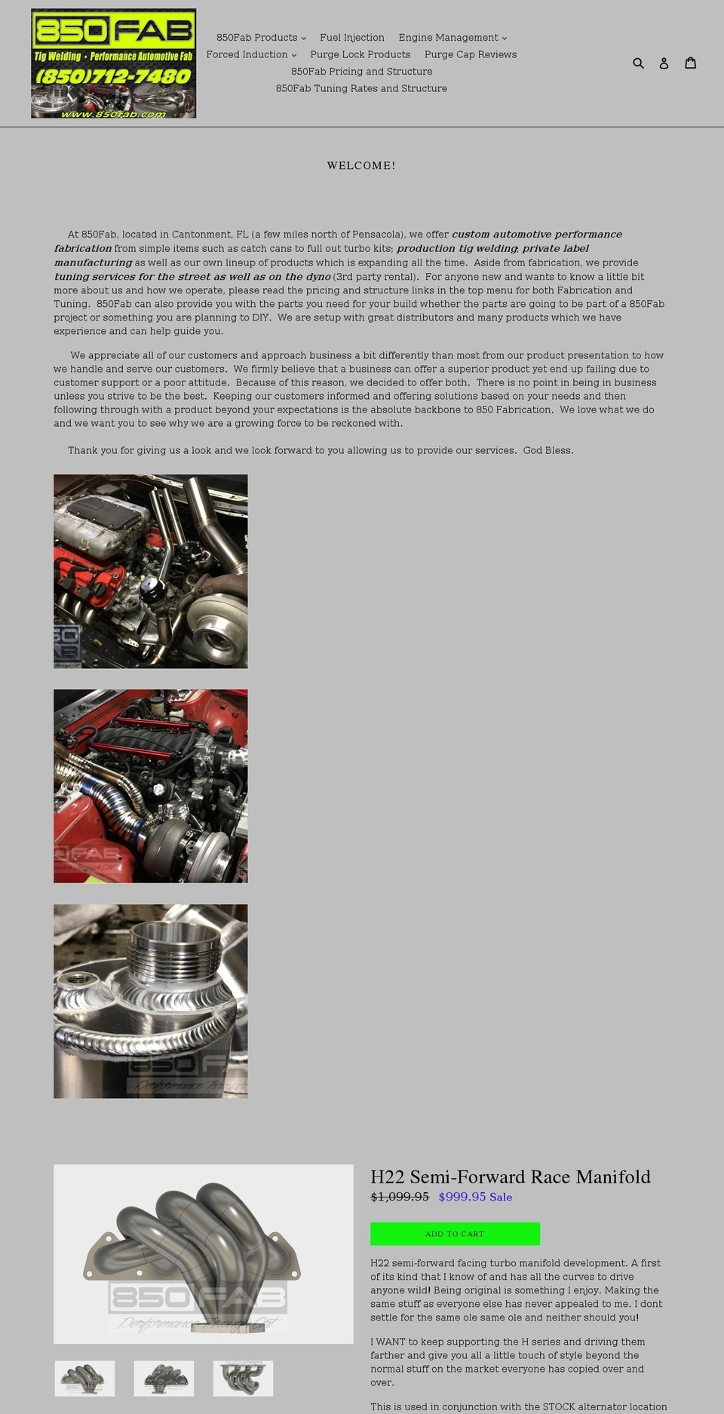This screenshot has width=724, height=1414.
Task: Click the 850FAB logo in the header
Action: point(113,63)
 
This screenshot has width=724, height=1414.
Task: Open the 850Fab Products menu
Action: point(261,38)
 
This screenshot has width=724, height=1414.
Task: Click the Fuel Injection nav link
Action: point(352,38)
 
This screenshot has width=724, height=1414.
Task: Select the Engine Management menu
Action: point(452,38)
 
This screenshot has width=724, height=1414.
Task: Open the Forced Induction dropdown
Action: point(251,54)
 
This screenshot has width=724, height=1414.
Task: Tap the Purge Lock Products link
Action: point(360,54)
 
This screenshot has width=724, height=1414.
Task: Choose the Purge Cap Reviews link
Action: point(471,54)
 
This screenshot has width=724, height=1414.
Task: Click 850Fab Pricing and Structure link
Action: point(362,72)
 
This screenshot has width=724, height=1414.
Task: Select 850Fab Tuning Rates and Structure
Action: point(361,88)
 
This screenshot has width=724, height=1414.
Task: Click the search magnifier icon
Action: point(638,63)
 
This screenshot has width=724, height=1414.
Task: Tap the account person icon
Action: point(664,63)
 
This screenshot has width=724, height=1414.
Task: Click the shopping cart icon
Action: point(690,63)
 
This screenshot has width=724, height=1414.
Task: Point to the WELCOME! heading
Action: point(361,165)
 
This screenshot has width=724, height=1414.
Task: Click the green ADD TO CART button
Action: point(455,1234)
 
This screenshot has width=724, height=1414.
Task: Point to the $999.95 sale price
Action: point(462,1197)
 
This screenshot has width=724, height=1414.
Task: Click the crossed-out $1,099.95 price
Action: point(400,1197)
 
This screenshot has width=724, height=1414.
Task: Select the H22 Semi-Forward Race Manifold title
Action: point(511,1177)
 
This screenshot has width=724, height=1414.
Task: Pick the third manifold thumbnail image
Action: point(243,1379)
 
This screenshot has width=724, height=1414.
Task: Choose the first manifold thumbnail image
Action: point(84,1379)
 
